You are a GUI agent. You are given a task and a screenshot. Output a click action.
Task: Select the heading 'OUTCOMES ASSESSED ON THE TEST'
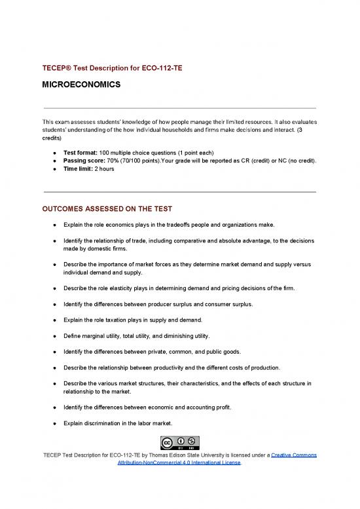point(107,209)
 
